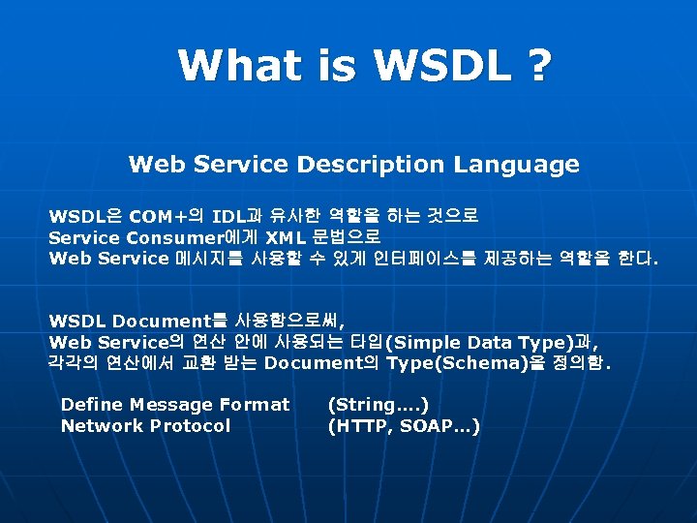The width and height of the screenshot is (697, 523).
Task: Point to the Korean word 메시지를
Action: tap(204, 259)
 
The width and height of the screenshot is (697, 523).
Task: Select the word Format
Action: tap(255, 405)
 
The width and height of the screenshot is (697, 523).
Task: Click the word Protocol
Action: tap(188, 426)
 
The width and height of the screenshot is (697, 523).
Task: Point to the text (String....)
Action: tap(379, 405)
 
